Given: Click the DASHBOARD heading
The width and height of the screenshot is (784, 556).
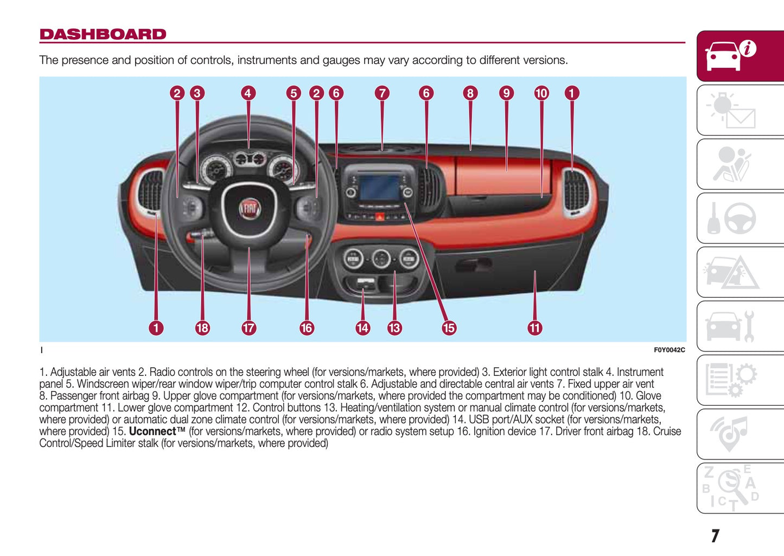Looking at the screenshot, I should tap(103, 34).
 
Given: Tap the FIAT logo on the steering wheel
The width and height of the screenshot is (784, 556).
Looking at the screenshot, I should tap(250, 208).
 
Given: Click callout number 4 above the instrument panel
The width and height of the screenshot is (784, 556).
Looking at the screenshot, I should tap(248, 93).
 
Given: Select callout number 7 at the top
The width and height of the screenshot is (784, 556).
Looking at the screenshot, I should tap(382, 93).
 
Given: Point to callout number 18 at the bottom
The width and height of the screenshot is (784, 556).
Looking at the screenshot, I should tap(202, 328).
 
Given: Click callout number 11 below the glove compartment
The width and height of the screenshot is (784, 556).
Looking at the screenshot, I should tap(535, 328).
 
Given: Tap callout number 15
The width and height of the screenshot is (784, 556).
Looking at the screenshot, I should tap(449, 328).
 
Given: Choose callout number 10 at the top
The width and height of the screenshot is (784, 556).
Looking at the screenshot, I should tap(541, 93).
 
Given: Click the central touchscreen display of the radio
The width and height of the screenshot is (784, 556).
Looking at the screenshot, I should tap(380, 188).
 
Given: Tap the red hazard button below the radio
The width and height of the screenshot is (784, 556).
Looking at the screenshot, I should tap(379, 216).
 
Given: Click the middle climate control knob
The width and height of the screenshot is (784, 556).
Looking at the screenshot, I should tap(381, 259).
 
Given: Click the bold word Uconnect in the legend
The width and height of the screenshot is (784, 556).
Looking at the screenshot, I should tap(153, 432).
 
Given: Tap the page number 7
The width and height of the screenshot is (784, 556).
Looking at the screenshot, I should tap(715, 536).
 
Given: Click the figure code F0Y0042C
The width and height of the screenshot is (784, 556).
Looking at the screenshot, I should tap(669, 350).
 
